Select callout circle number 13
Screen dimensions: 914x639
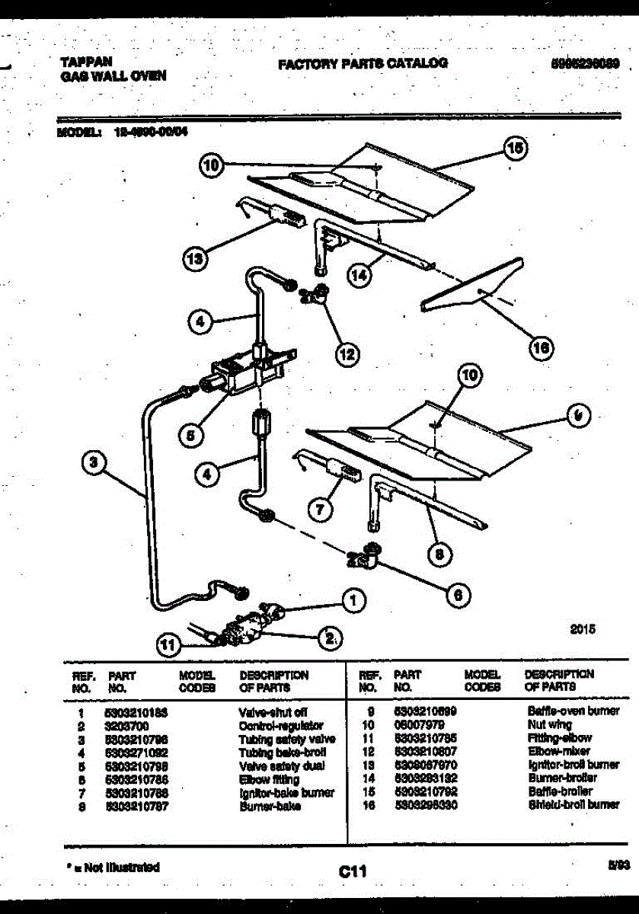tap(196, 260)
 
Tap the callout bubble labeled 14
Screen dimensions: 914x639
tap(359, 274)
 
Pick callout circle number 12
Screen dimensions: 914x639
tap(347, 353)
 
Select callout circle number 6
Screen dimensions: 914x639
tap(457, 595)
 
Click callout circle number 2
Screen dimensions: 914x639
tap(330, 638)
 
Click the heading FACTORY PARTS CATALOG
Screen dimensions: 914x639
tap(363, 64)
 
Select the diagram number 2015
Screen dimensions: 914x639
tap(583, 630)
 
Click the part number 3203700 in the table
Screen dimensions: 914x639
tap(123, 726)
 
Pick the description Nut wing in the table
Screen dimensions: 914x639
tap(549, 725)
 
